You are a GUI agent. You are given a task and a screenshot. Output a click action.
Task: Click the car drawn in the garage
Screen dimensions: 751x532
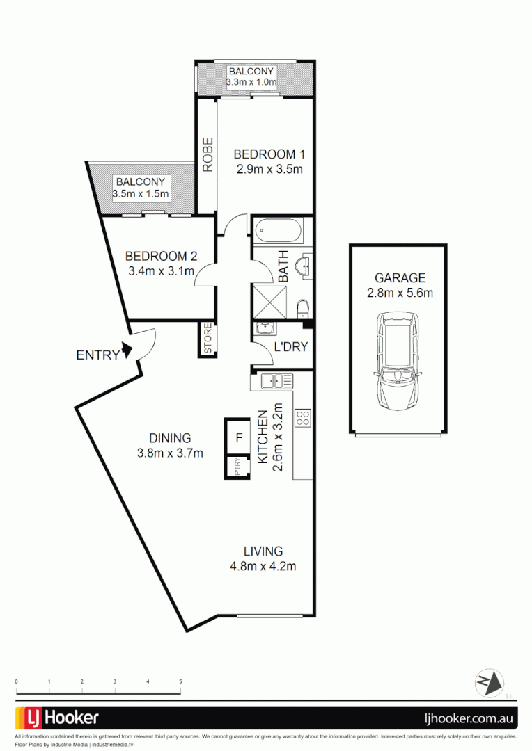click(x=398, y=362)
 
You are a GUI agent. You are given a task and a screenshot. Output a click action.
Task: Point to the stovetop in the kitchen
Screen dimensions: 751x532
click(x=303, y=418)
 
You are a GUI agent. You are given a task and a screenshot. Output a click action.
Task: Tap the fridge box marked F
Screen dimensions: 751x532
click(x=238, y=438)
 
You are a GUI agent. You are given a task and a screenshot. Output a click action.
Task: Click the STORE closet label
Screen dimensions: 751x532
click(x=208, y=339)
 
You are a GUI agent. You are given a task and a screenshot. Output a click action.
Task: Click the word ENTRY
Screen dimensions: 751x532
click(x=97, y=355)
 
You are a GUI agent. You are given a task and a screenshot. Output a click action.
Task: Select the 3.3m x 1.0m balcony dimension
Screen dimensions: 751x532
click(x=251, y=83)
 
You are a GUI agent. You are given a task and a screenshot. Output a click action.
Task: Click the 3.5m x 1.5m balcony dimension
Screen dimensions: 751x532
click(x=141, y=194)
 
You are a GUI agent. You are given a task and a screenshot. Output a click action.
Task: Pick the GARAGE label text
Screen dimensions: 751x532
click(x=400, y=278)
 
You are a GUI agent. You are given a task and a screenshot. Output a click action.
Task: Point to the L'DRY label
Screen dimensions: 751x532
click(x=291, y=347)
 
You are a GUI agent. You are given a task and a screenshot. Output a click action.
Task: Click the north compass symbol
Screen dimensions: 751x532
click(x=489, y=682)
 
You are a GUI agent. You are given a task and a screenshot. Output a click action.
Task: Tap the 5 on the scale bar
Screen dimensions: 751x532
click(x=180, y=682)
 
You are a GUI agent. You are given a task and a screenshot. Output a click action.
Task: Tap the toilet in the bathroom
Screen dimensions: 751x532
click(x=303, y=307)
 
